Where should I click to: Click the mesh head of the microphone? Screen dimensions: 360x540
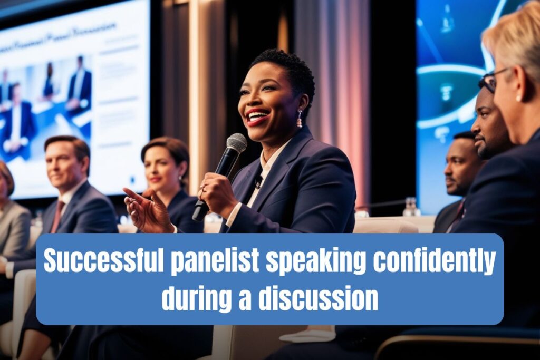click(x=236, y=143)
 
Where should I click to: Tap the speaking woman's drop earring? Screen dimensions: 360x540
click(x=300, y=119)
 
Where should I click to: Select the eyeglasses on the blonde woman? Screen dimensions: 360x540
click(x=490, y=80)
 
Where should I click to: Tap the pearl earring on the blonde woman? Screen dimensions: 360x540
click(x=518, y=98)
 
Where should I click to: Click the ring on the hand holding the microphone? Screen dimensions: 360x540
click(x=204, y=189)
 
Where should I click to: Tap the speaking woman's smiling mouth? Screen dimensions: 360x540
click(x=257, y=117)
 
